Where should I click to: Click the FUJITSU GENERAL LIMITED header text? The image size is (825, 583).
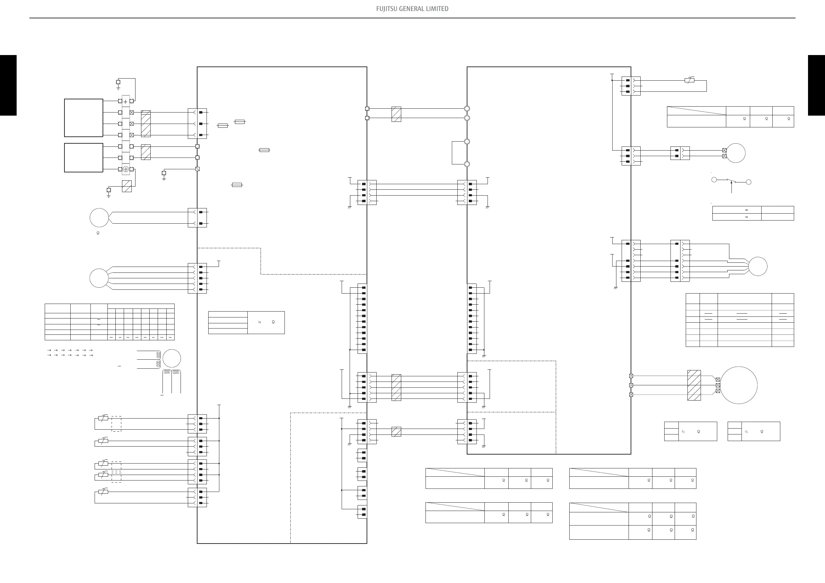(x=412, y=9)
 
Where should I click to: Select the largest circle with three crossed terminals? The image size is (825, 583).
(x=738, y=385)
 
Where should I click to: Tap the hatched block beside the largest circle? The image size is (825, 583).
(x=694, y=385)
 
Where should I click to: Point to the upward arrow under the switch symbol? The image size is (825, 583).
(x=731, y=187)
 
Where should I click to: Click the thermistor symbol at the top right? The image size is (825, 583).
(x=689, y=80)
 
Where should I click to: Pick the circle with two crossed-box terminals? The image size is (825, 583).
(x=736, y=153)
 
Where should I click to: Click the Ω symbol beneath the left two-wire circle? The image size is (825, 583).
(x=98, y=233)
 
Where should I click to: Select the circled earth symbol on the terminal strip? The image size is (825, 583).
(x=126, y=169)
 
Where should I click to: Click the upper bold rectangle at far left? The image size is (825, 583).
(x=84, y=118)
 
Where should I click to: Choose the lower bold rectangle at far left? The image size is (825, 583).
(x=84, y=158)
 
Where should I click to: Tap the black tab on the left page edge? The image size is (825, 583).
(x=8, y=85)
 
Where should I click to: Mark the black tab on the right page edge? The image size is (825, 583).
(x=816, y=85)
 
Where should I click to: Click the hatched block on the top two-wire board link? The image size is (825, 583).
(x=396, y=114)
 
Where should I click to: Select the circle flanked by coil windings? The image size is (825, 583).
(x=172, y=358)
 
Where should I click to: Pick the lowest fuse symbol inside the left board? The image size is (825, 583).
(x=237, y=185)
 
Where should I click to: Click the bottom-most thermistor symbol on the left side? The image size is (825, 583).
(x=103, y=492)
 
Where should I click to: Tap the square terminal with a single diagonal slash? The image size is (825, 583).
(x=197, y=169)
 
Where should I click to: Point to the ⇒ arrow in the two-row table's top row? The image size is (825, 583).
(x=746, y=210)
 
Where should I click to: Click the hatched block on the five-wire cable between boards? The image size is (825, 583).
(x=396, y=387)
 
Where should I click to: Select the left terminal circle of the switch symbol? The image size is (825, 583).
(x=714, y=179)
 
